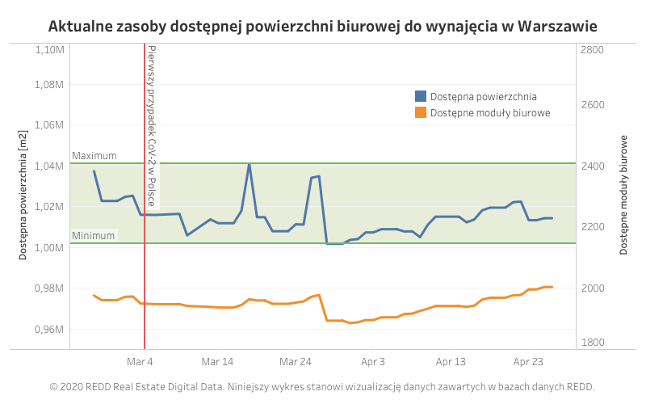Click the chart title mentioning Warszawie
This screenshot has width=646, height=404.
coord(322,26)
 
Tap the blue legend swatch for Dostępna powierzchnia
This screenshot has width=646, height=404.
coord(420,96)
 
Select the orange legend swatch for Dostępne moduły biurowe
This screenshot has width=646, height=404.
coord(420,112)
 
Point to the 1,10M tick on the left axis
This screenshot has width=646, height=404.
coord(51,50)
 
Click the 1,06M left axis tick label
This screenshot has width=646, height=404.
coord(51,125)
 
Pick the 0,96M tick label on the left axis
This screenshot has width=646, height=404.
coord(51,330)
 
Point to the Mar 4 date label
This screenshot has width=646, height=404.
coord(140,362)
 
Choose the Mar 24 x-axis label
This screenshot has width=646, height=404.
coord(295,362)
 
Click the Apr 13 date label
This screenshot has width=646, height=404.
coord(451,362)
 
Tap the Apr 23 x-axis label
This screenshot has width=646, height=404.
coord(528,362)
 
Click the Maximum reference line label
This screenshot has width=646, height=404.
coord(94,156)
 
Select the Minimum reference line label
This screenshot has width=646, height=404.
coord(94,236)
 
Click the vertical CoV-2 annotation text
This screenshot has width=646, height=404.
coord(152,125)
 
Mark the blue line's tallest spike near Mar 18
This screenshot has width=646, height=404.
coord(249,164)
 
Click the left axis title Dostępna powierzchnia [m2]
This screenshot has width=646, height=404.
coord(23,194)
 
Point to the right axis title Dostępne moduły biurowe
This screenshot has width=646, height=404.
coord(623,195)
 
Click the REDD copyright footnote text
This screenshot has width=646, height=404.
coord(322,387)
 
